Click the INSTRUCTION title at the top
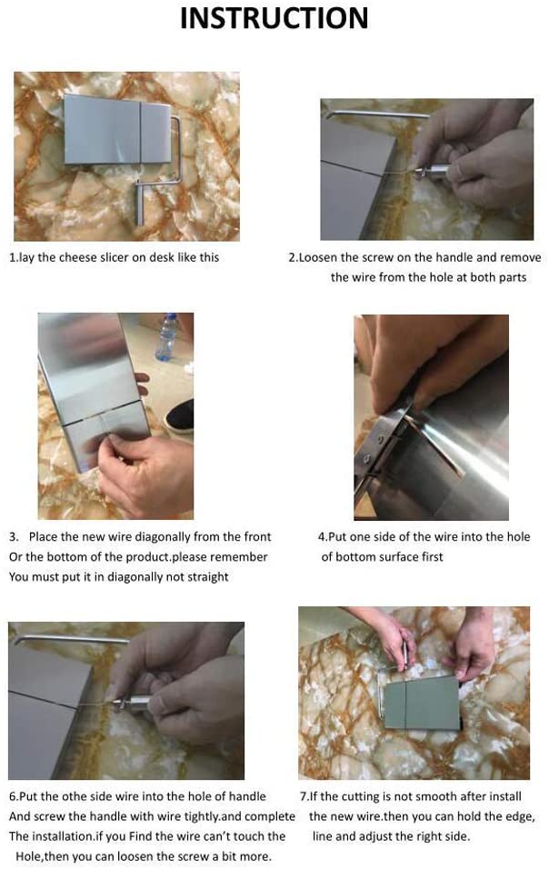[274, 18]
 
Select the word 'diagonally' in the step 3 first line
[165, 536]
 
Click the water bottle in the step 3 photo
[167, 337]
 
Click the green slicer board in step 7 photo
[422, 703]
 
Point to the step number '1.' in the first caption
[14, 257]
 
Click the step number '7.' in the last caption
[304, 796]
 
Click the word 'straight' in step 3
[207, 577]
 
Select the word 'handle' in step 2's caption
[454, 257]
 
